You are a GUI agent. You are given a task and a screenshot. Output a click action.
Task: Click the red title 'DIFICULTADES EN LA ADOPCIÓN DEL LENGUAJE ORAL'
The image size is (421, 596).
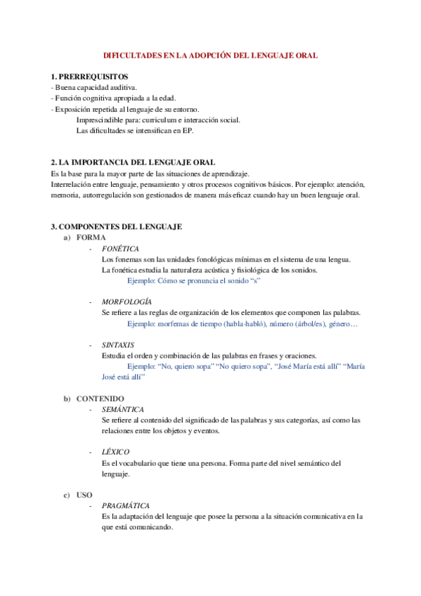pos(210,54)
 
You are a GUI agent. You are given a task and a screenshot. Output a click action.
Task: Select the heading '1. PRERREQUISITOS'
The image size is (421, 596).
pos(89,76)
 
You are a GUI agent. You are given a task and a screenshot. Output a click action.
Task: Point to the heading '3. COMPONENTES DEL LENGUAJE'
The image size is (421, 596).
pos(117,226)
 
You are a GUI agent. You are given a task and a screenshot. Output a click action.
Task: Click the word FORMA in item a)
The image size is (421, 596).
pos(91,238)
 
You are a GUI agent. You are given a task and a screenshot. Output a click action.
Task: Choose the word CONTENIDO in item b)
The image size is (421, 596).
pos(100,399)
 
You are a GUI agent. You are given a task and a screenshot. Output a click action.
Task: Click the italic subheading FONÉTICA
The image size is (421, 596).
pos(120,249)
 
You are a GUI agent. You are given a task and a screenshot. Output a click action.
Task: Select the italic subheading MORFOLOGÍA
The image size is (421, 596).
pos(127,302)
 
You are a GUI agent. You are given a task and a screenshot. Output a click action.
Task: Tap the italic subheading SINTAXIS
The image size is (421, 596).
pos(118,345)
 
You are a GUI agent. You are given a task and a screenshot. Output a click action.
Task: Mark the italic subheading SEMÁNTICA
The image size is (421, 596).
pos(123,409)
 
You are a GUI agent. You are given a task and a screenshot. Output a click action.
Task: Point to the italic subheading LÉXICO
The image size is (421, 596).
pos(115,452)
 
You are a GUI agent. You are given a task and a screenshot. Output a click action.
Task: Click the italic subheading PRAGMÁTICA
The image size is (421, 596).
pos(126,505)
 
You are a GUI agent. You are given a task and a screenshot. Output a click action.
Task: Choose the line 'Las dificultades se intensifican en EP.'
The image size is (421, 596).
pos(134,130)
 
